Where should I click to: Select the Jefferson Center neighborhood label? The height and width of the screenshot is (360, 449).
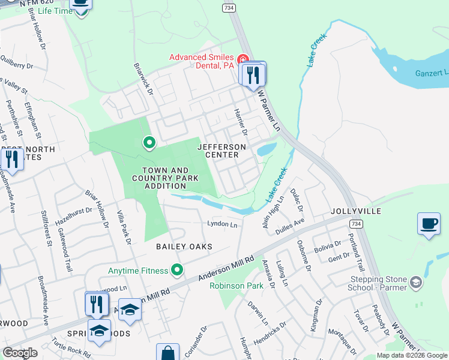(x=222, y=151)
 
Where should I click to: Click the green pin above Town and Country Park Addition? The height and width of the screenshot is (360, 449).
(x=149, y=143)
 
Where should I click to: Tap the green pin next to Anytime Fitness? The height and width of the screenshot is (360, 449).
(x=176, y=271)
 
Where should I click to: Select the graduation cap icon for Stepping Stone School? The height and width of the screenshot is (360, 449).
(x=415, y=283)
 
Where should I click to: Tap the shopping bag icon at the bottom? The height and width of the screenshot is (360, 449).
(x=168, y=352)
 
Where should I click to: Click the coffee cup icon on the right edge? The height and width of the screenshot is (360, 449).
(x=429, y=224)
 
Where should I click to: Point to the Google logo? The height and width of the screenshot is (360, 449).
(x=20, y=353)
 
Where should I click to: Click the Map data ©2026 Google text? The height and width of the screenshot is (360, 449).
(x=412, y=355)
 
